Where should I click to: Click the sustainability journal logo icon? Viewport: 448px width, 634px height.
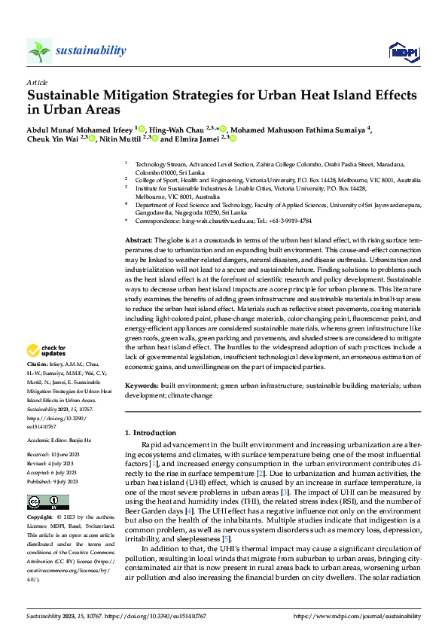point(39,50)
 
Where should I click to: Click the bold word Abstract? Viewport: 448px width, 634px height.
point(139,238)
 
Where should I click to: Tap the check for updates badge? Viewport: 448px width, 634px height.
point(46,350)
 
